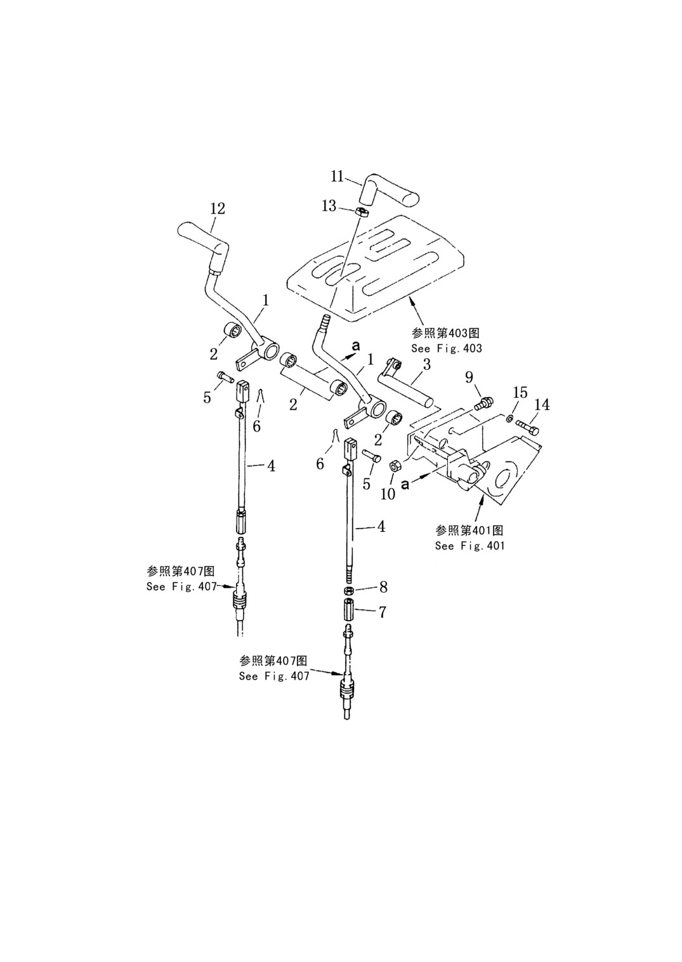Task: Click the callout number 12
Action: click(x=218, y=209)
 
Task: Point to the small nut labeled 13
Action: click(x=364, y=212)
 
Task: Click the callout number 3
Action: click(x=426, y=364)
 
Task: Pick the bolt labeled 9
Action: click(x=484, y=403)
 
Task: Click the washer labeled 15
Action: click(x=509, y=418)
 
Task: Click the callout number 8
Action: click(x=383, y=586)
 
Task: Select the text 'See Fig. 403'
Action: click(x=447, y=348)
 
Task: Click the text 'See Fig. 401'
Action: click(x=470, y=546)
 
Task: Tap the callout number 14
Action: click(x=542, y=405)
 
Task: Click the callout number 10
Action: click(x=388, y=494)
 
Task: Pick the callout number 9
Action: click(x=469, y=378)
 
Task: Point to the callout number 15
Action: click(x=520, y=393)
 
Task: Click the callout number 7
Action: click(x=382, y=612)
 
